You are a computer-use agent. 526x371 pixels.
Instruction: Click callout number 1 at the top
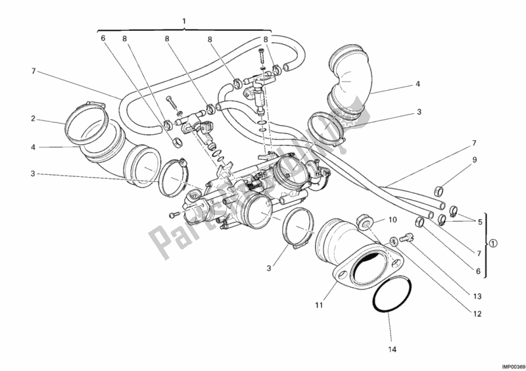pyautogui.click(x=184, y=20)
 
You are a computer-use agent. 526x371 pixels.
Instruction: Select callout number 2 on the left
pyautogui.click(x=32, y=119)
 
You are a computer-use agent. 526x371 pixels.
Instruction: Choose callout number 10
pyautogui.click(x=392, y=220)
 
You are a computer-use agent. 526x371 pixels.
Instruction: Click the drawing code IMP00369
pyautogui.click(x=508, y=365)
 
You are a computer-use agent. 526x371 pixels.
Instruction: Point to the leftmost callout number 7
pyautogui.click(x=32, y=71)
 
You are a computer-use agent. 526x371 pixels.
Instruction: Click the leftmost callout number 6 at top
pyautogui.click(x=103, y=38)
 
